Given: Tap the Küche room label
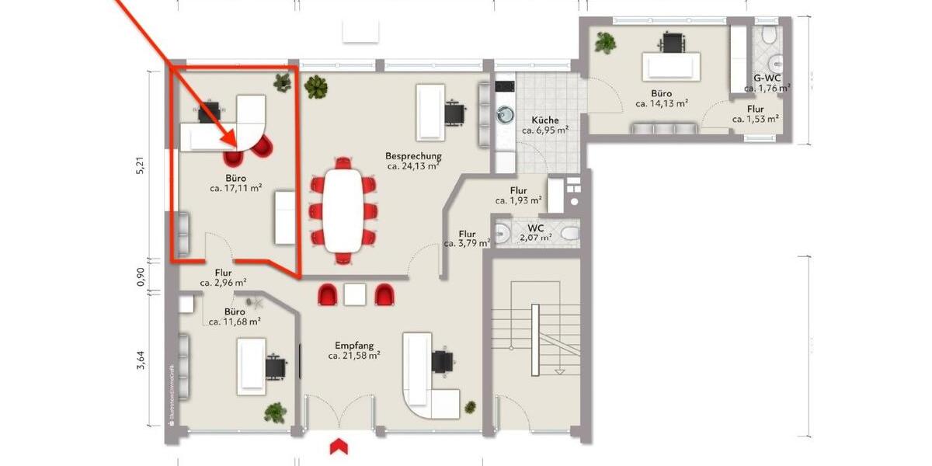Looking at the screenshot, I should click(545, 120).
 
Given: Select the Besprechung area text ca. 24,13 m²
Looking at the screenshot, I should click(414, 165).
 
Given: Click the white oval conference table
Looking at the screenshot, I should click(343, 210).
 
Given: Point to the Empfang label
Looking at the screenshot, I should click(354, 345).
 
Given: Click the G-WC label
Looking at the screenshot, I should click(767, 78).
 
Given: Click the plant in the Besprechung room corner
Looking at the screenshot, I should click(316, 86).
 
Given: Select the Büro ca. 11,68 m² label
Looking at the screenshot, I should click(231, 315).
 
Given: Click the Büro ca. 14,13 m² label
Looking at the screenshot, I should click(662, 97).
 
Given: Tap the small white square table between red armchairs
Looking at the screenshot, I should click(355, 294).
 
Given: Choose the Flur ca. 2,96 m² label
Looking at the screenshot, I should click(223, 278).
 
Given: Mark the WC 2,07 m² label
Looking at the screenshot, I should click(535, 232).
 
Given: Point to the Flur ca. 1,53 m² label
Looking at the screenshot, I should click(755, 114).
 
